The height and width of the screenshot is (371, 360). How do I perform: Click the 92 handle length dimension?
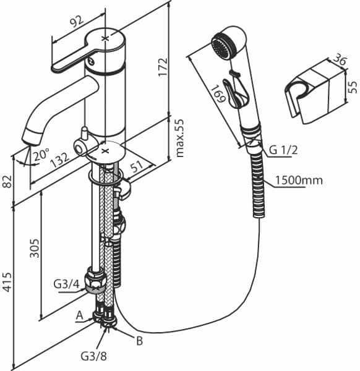77,22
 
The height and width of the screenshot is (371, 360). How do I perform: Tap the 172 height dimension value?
163,67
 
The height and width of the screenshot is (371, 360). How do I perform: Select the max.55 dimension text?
180,138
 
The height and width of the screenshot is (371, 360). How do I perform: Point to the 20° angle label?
41,155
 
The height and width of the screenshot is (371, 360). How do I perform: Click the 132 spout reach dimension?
59,160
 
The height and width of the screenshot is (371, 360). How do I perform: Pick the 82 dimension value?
7,181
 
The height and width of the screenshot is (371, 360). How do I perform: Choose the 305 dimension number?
34,248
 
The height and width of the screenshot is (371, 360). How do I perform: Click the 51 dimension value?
137,166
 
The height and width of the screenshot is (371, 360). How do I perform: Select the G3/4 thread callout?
66,284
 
